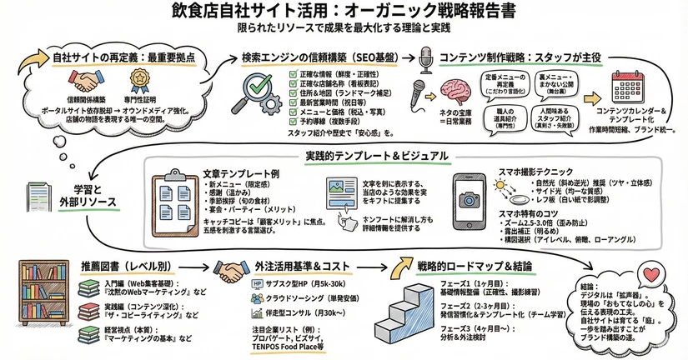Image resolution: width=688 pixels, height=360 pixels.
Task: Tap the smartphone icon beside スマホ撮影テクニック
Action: (468, 195)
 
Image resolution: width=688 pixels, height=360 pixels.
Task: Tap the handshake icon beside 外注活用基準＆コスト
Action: (233, 271)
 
